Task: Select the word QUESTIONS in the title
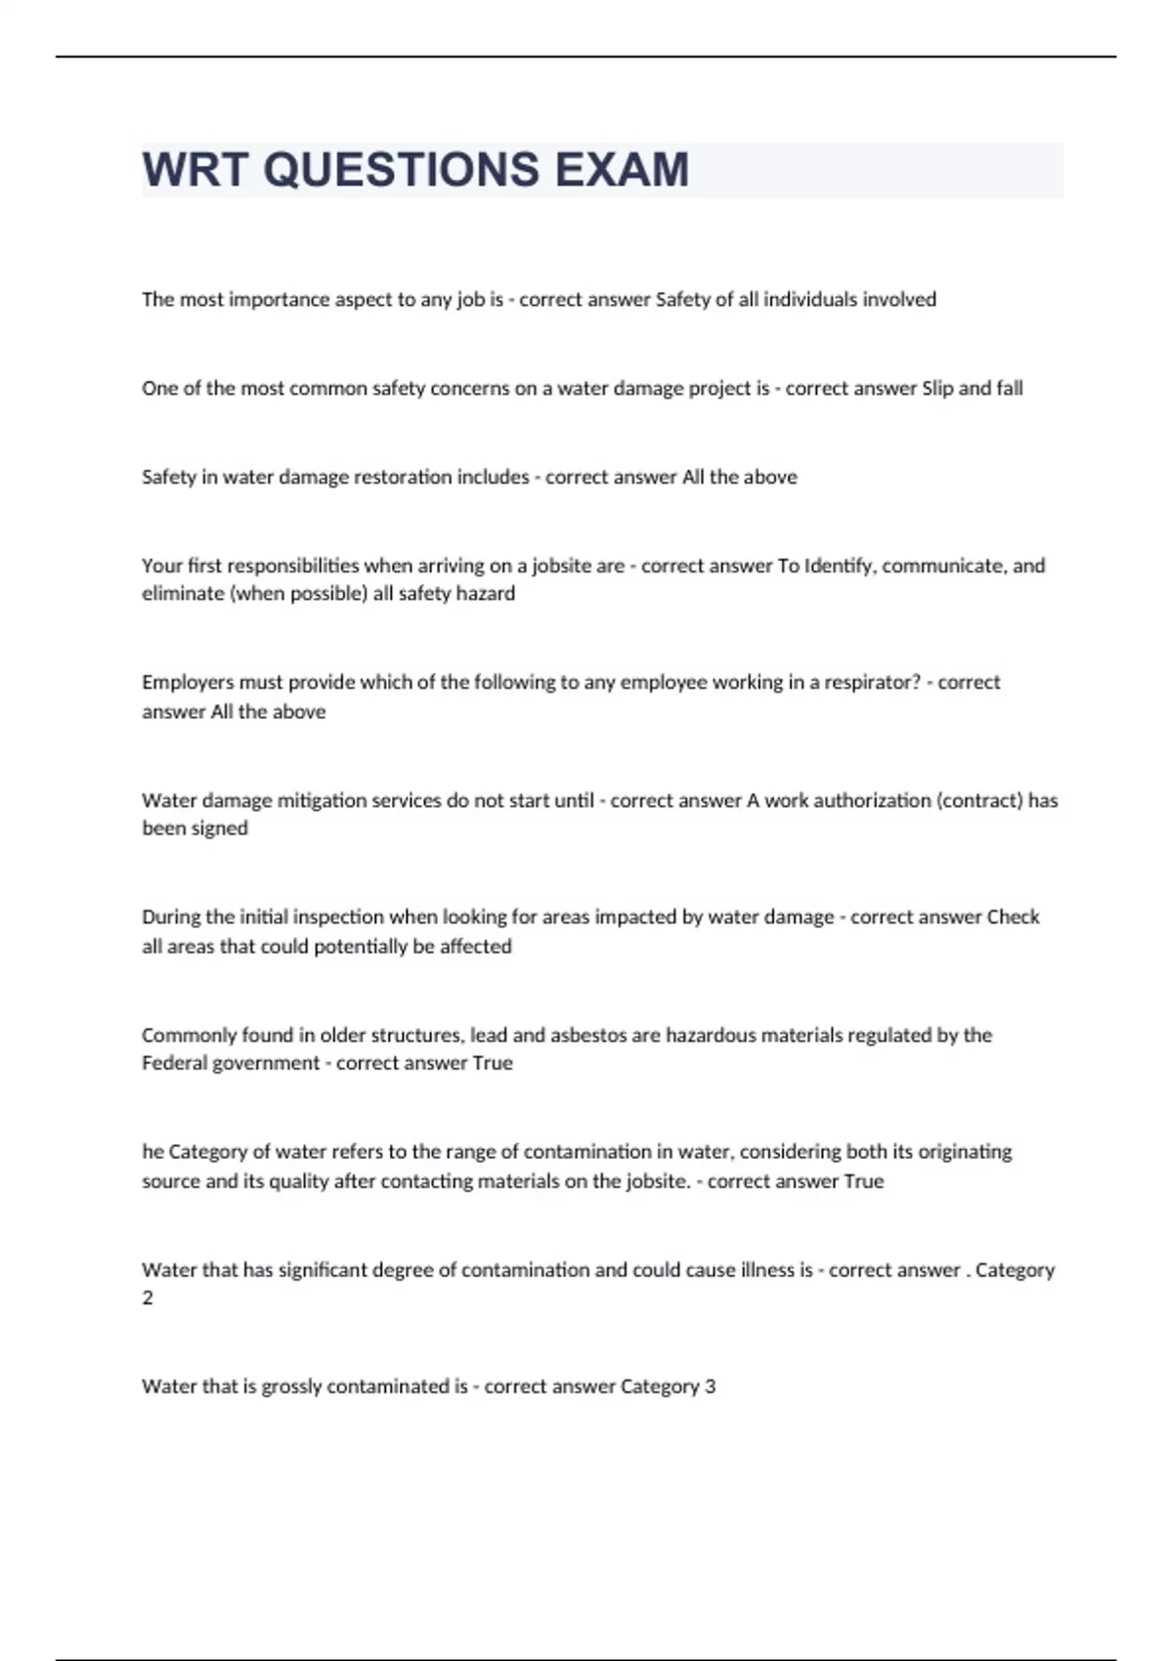pyautogui.click(x=401, y=169)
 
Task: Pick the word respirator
pyautogui.click(x=873, y=682)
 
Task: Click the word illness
pyautogui.click(x=766, y=1270)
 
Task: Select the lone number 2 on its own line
pyautogui.click(x=148, y=1299)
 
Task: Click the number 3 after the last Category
pyautogui.click(x=710, y=1386)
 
